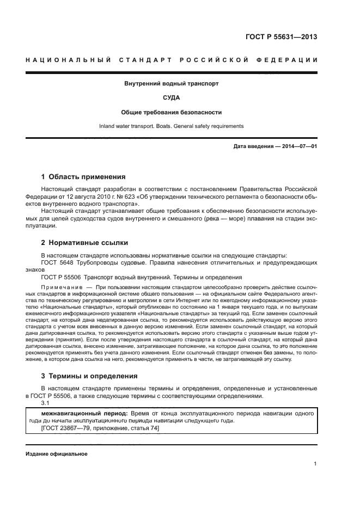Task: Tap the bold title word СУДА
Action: [172, 98]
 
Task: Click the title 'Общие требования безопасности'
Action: [172, 112]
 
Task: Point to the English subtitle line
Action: [172, 126]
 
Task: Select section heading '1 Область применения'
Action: [83, 177]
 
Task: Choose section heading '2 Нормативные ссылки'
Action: [84, 243]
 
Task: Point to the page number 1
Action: [315, 464]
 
